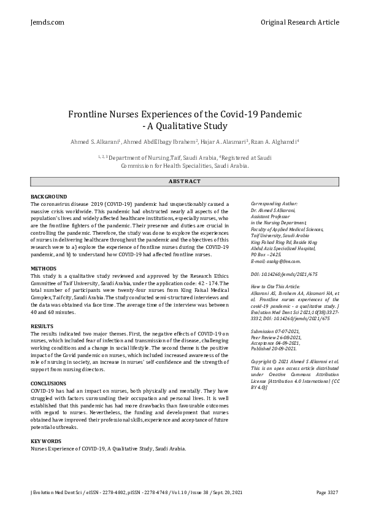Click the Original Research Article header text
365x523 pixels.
(x=299, y=22)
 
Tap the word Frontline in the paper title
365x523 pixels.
(x=91, y=114)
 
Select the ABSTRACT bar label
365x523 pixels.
(x=184, y=181)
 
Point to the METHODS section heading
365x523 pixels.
(x=43, y=269)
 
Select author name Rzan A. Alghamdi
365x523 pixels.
(x=274, y=142)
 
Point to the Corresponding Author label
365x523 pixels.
(x=274, y=203)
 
